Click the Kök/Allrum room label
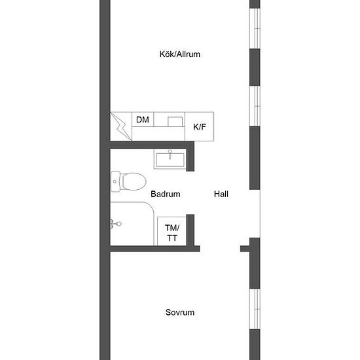pos(180,54)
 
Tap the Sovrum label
pos(180,312)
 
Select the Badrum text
pos(166,194)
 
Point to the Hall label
pos(221,194)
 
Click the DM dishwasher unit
pos(143,119)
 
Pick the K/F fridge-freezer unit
pos(199,126)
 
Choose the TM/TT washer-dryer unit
pos(171,231)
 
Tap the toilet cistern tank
pos(115,181)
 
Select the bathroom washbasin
pos(170,159)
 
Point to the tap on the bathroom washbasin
pos(170,154)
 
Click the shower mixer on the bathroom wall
pos(116,224)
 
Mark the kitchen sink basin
pos(175,122)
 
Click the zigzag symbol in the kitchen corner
pos(121,126)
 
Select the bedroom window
pos(255,309)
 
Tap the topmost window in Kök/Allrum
pos(255,28)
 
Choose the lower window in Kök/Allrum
pos(255,106)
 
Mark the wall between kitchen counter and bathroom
pos(153,145)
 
